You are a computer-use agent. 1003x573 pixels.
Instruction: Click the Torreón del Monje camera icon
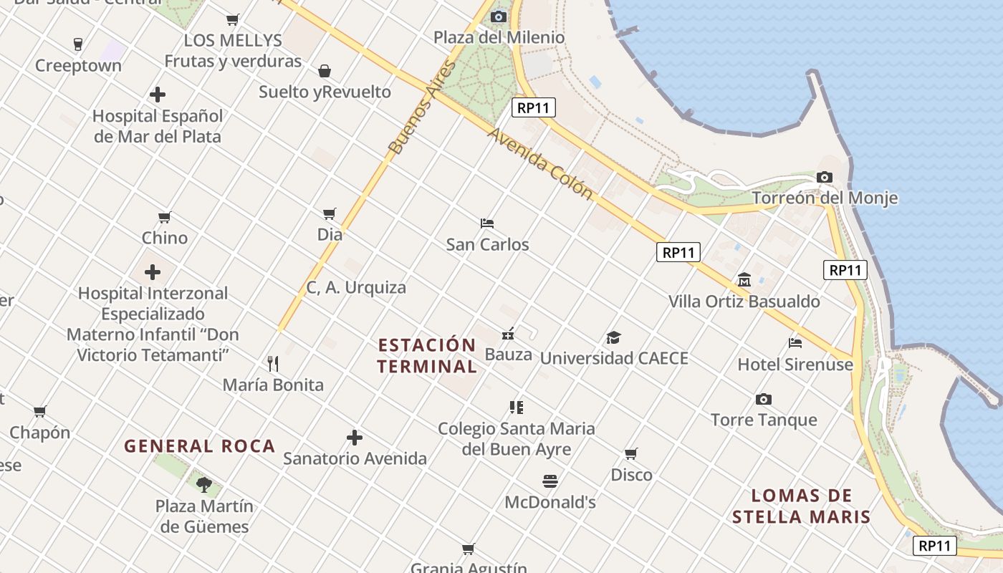pos(825,177)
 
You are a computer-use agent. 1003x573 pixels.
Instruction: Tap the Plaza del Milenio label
pos(499,37)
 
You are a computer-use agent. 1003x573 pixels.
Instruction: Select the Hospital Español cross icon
pos(158,95)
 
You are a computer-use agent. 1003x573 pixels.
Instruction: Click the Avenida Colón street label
pos(540,164)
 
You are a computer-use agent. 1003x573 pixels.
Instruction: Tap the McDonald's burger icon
pos(550,481)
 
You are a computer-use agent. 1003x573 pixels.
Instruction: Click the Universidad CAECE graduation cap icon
pos(613,337)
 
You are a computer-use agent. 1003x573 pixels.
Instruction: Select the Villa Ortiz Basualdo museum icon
pos(744,280)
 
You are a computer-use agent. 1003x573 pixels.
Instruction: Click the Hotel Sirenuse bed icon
pos(795,343)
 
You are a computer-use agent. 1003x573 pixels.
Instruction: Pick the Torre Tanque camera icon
pos(764,399)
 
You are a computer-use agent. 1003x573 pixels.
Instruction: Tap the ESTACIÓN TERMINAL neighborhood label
pos(427,356)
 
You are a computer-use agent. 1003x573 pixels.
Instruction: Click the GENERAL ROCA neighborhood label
pos(200,446)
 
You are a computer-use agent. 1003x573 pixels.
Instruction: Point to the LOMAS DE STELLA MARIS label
pos(801,506)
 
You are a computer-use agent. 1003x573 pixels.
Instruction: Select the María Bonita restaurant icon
pos(272,364)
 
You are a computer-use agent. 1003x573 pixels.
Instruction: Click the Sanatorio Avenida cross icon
pos(355,438)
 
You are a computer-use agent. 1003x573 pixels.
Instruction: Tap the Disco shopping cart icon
pos(631,453)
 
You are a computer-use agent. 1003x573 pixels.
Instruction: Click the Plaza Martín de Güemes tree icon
pos(204,485)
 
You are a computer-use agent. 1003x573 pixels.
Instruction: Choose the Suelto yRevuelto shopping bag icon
pos(325,71)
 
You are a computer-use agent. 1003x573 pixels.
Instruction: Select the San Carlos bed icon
pos(487,223)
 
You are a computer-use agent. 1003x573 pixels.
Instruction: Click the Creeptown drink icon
pos(78,44)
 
